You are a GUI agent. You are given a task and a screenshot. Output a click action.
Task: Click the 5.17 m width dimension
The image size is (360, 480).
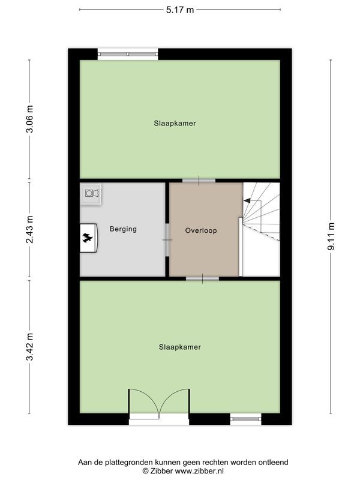coord(179,9)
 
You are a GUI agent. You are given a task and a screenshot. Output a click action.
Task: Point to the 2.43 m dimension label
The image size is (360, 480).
coord(29,230)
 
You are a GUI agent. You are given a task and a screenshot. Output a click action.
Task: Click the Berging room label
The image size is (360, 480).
coord(123,229)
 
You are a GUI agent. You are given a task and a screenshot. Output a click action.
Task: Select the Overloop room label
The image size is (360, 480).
coord(201,230)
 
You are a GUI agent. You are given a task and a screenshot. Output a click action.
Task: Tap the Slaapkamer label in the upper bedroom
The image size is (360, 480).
coord(175,123)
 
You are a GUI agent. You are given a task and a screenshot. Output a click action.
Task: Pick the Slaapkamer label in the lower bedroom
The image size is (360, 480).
coord(180,347)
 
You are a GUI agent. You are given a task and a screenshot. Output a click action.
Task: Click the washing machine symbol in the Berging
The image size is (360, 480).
coord(91,193)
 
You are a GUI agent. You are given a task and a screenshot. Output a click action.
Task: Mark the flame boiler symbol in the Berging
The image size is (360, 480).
coord(89,239)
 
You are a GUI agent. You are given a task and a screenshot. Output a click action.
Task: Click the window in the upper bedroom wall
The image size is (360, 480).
coord(128,53)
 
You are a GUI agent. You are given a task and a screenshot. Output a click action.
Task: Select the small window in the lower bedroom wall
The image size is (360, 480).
coord(245,419)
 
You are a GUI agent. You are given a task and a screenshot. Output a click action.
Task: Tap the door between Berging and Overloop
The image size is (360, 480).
coord(167,240)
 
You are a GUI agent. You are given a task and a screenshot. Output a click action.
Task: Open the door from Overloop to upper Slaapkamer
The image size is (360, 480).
coord(199,180)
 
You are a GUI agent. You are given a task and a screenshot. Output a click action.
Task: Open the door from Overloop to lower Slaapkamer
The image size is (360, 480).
coord(202,278)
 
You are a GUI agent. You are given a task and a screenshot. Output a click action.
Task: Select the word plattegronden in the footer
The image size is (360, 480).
coord(125,462)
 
